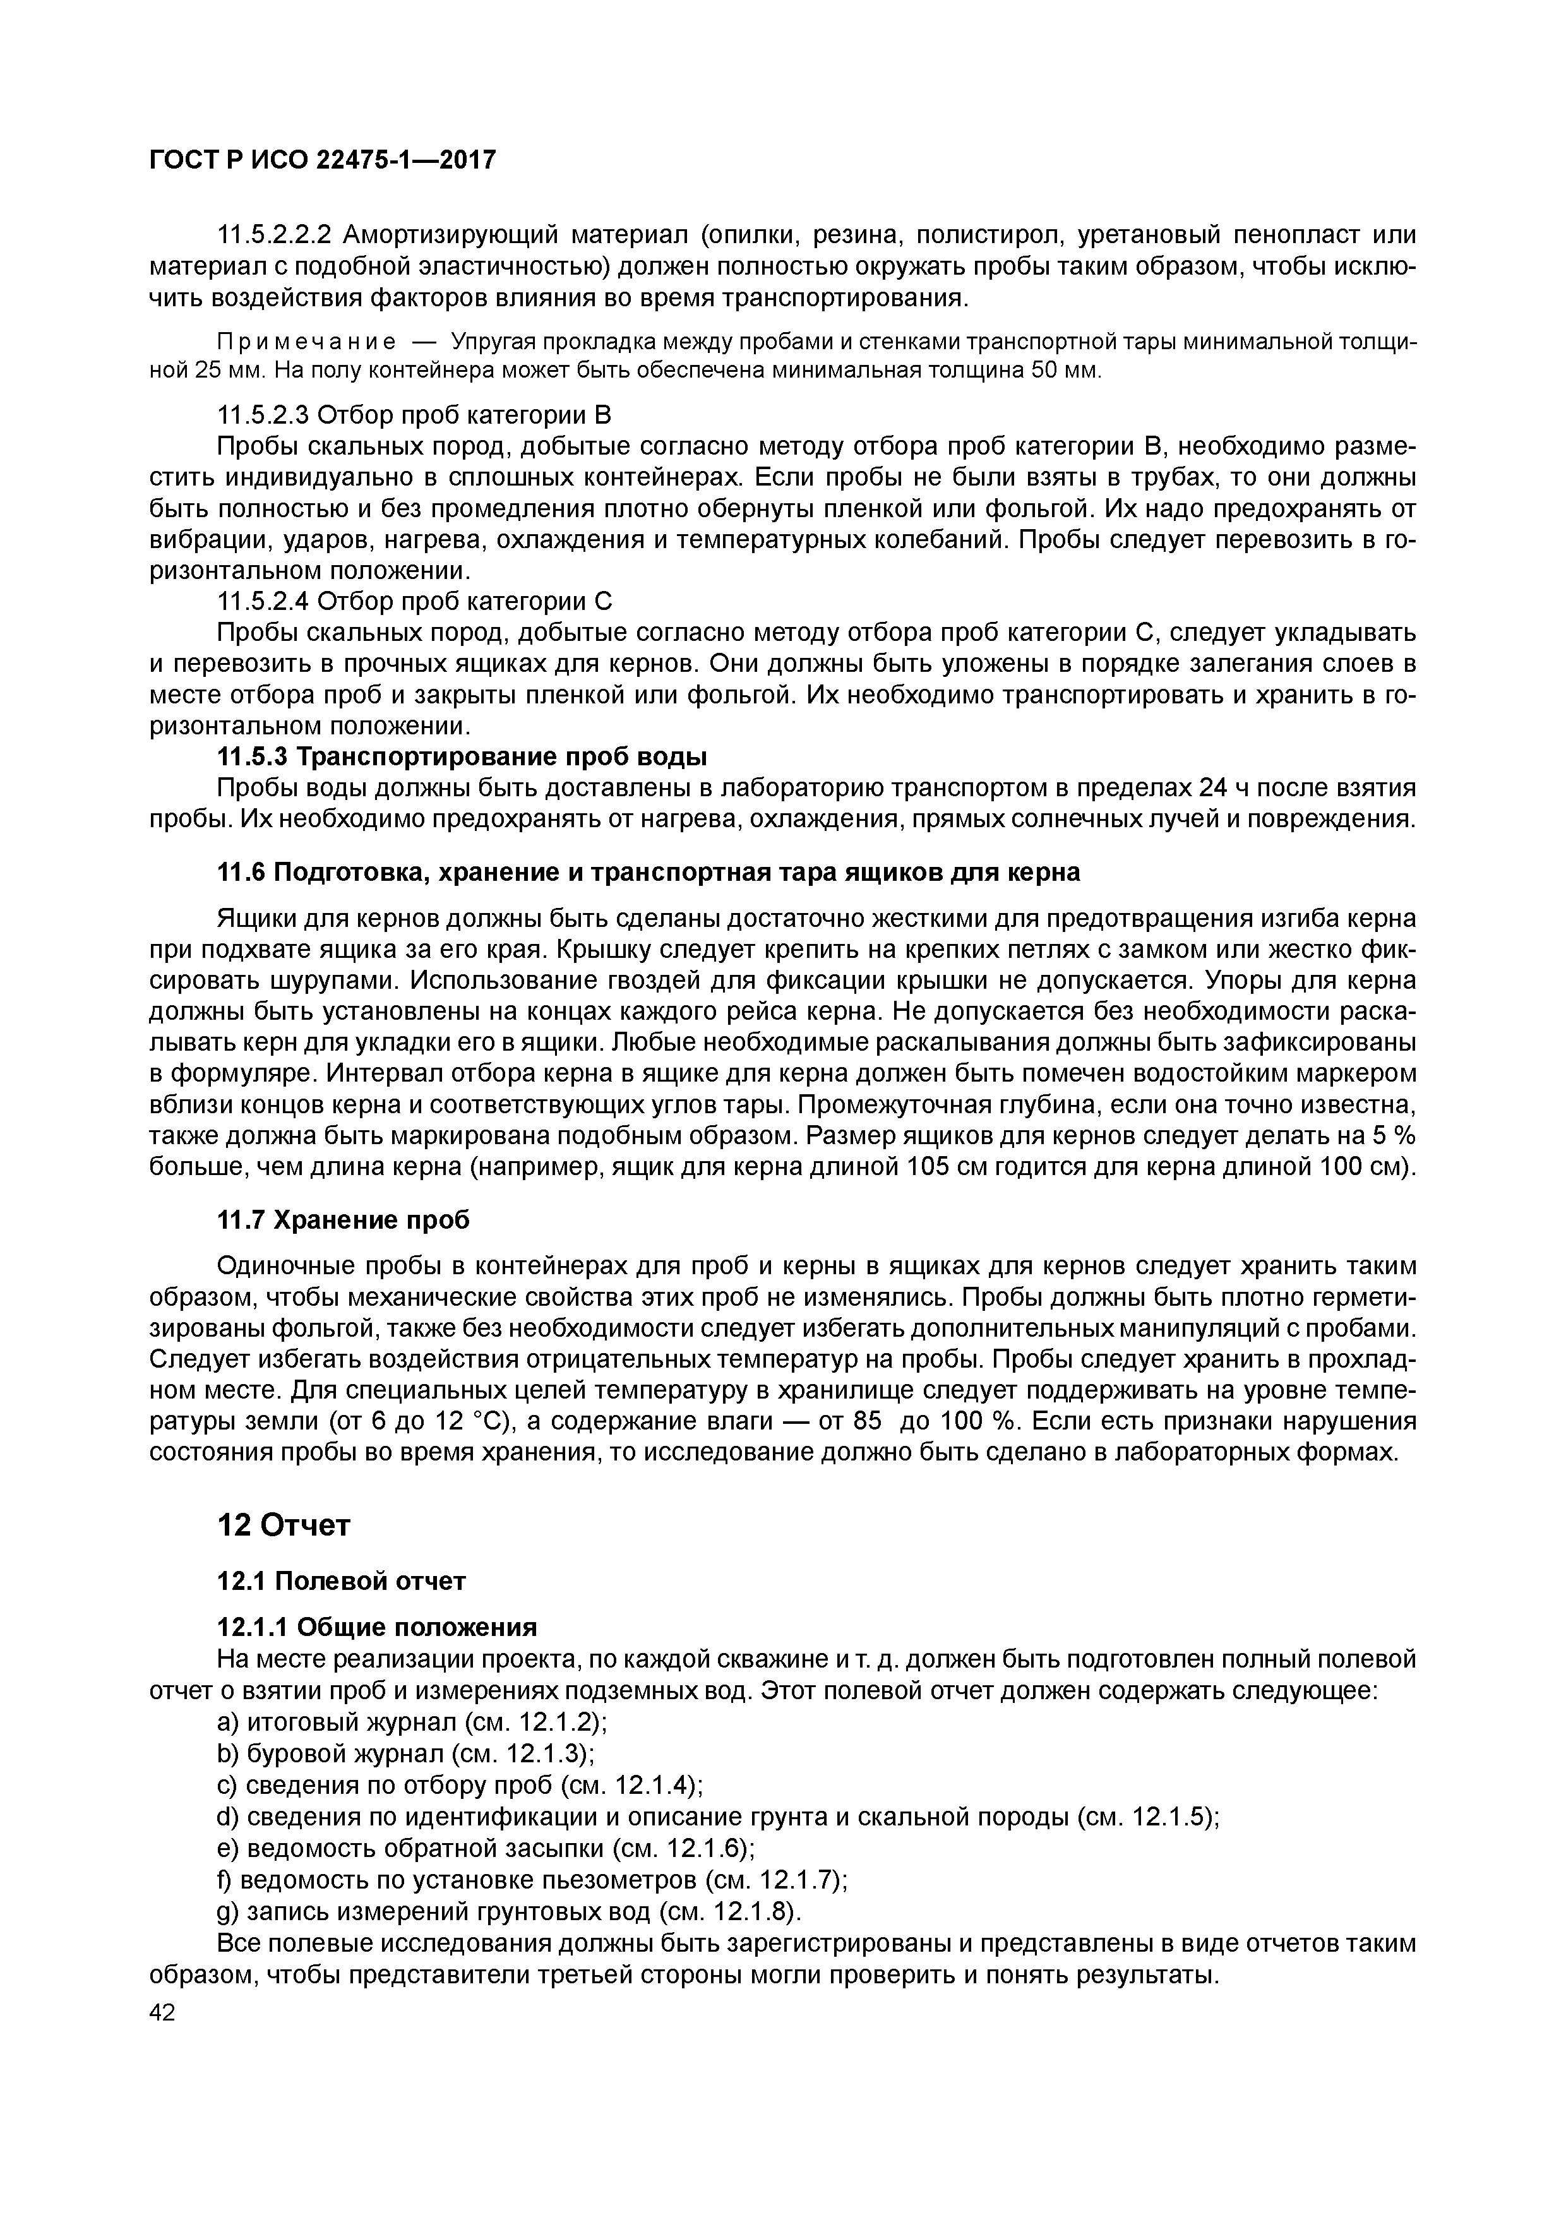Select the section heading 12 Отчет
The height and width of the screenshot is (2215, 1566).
[x=283, y=1524]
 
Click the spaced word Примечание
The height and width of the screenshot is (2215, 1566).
[x=306, y=342]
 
